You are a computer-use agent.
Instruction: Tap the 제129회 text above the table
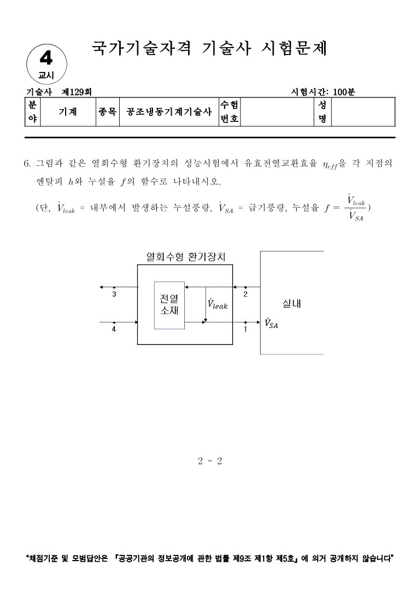(x=76, y=91)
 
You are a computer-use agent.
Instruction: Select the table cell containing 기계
(x=67, y=112)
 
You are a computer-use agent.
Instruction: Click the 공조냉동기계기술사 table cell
(x=169, y=112)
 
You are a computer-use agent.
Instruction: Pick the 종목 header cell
(x=108, y=112)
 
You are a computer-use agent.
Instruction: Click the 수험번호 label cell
(x=229, y=112)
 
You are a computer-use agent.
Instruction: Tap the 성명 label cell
(x=321, y=112)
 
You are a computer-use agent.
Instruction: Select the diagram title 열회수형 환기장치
(x=185, y=257)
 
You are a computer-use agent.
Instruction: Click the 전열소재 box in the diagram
(x=169, y=305)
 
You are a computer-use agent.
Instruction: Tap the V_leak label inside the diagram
(x=218, y=304)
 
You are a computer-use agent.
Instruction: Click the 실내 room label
(x=292, y=304)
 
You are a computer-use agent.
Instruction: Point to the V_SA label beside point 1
(x=271, y=323)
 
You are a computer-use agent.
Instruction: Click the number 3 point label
(x=114, y=294)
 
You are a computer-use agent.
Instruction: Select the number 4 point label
(x=114, y=329)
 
